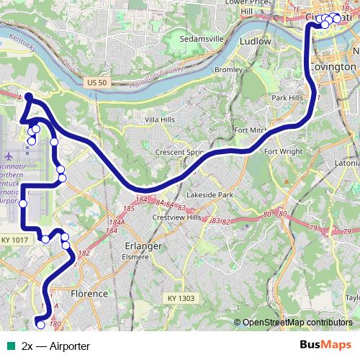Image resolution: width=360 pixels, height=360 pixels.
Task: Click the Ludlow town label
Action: click(259, 41)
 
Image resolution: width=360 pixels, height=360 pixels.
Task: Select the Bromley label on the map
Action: click(229, 70)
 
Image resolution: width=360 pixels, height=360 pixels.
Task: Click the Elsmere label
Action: click(135, 256)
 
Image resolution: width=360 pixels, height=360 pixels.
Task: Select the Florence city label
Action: click(89, 294)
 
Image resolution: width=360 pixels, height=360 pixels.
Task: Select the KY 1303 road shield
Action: click(181, 298)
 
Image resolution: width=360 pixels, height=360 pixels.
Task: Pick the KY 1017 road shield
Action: click(14, 240)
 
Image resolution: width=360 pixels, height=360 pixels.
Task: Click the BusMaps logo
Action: click(325, 346)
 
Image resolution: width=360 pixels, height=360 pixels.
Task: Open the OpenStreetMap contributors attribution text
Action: click(297, 323)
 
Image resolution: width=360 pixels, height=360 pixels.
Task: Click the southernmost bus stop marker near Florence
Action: click(40, 325)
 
